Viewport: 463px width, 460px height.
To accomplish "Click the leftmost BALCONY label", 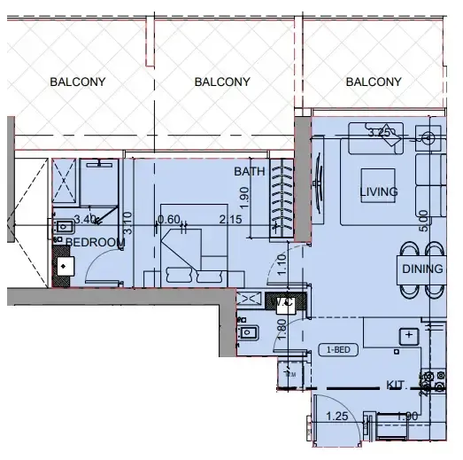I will point(78,82).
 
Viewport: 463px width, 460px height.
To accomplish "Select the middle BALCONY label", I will point(222,82).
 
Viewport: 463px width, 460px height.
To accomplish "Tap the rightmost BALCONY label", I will point(374,82).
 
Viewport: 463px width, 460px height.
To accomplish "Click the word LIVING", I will point(378,191).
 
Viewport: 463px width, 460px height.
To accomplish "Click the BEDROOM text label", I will point(96,242).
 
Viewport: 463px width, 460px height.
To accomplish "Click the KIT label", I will point(396,385).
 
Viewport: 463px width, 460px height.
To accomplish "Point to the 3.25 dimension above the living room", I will point(379,134).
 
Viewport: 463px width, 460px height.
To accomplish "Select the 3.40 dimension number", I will point(85,219).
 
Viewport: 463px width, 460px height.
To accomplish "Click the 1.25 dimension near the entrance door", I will point(336,416).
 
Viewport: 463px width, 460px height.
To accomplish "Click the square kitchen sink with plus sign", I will point(409,336).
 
